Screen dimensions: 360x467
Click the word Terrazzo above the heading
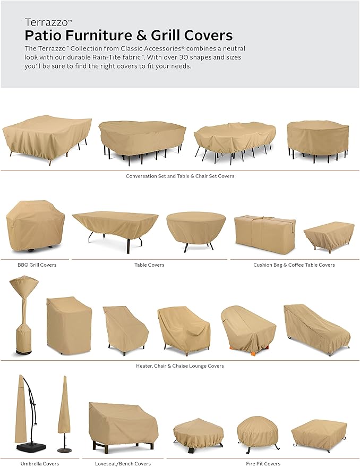pos(47,22)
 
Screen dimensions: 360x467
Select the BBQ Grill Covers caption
pos(37,265)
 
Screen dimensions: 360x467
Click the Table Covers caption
pos(149,265)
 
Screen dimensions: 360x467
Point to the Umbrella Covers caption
pos(40,463)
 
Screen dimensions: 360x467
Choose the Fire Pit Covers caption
pos(263,463)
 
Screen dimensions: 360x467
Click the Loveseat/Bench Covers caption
pos(123,463)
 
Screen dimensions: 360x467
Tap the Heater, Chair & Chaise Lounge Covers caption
pos(180,366)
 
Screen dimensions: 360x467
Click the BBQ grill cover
pos(36,226)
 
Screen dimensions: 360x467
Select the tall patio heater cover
pos(23,315)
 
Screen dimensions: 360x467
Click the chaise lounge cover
pos(317,329)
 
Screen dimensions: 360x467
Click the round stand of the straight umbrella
pos(64,450)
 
